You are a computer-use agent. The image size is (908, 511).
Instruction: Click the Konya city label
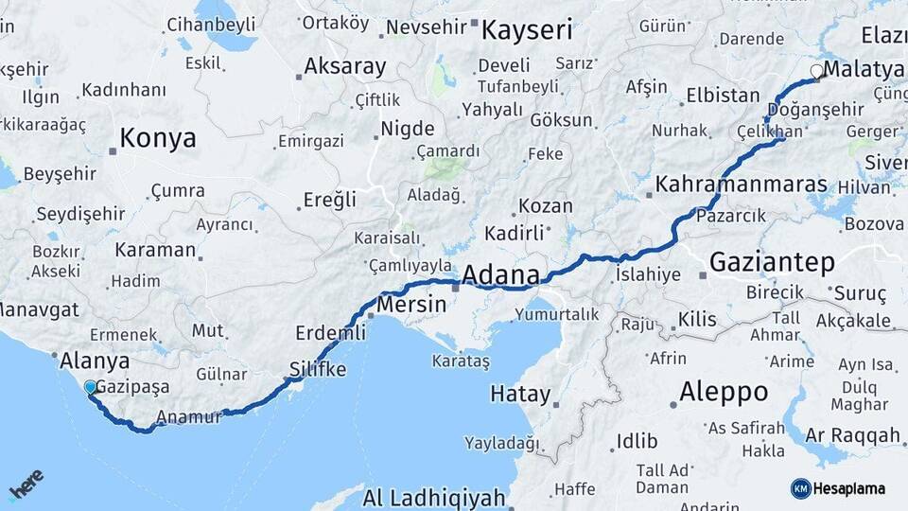157,139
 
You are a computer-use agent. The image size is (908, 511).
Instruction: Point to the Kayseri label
527,30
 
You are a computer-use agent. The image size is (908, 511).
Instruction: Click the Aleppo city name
724,392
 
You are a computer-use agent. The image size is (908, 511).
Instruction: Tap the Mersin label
410,306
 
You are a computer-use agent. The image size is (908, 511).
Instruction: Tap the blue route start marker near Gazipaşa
90,387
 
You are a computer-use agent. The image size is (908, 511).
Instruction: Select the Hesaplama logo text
850,489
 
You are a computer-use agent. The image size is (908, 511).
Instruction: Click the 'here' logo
26,485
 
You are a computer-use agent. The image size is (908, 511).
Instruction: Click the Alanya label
95,361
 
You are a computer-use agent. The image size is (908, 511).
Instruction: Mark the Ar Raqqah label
853,435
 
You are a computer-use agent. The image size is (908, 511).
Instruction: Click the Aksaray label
344,67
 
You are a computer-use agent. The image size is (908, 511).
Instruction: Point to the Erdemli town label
330,333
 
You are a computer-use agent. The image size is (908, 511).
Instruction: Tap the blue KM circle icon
800,488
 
